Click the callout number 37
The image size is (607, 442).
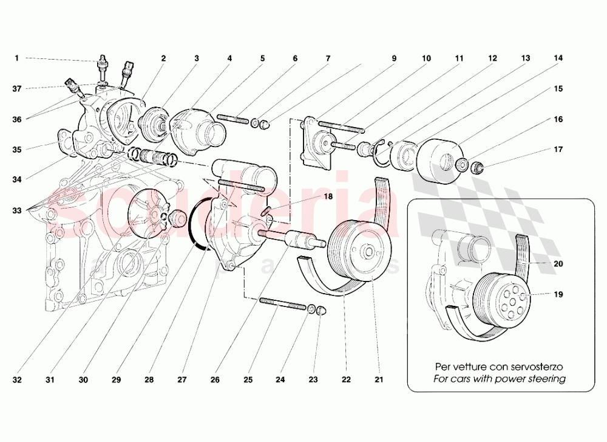tap(17, 89)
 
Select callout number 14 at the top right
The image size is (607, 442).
tap(558, 58)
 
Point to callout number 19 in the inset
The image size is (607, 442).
tap(558, 294)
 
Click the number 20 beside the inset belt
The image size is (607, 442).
tap(558, 264)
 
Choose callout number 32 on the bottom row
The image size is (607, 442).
tap(17, 381)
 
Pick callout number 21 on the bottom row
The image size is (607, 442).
tap(378, 381)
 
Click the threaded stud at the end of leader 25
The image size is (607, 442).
tap(282, 304)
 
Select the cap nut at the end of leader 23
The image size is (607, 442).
tap(322, 311)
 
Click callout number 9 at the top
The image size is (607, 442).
tap(393, 58)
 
